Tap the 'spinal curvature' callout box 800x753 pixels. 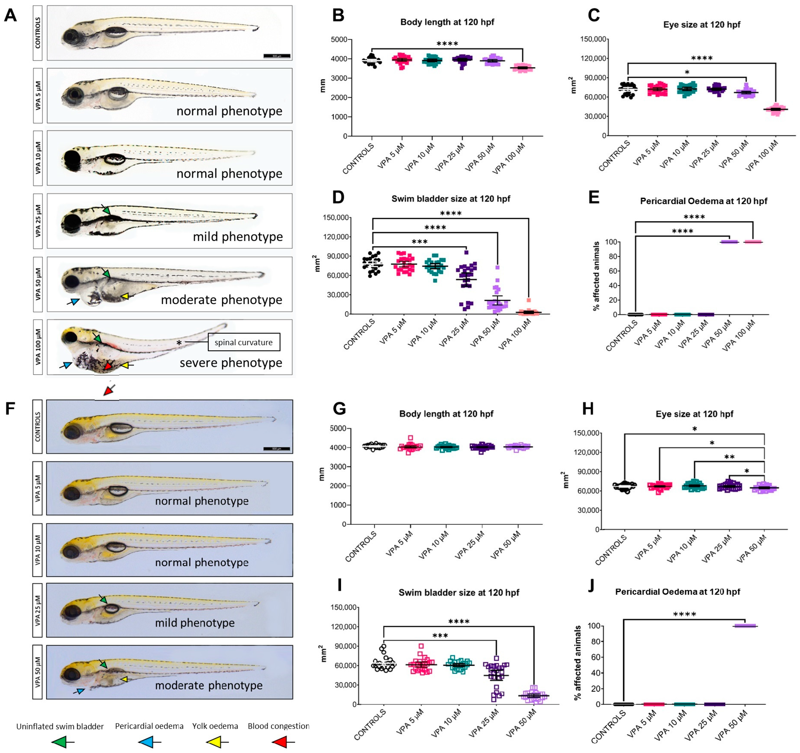243,342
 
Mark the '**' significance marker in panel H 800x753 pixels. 729,457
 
